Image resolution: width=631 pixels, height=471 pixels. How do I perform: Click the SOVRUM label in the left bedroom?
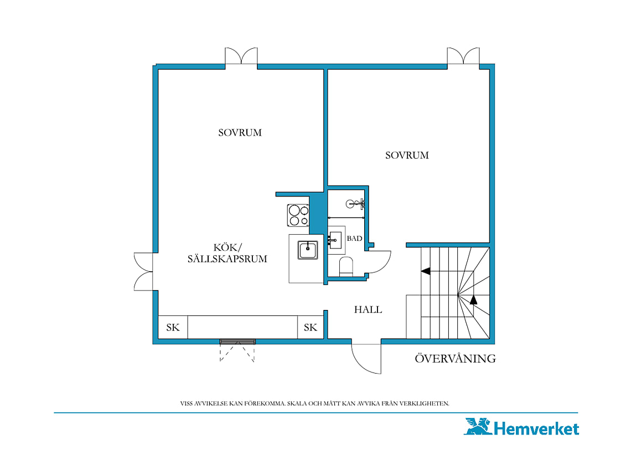(x=240, y=132)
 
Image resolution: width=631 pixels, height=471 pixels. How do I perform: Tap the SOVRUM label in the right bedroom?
(x=407, y=155)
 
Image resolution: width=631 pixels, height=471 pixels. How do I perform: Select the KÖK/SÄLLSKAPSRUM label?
(x=227, y=253)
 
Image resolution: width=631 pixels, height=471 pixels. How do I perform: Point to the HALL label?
(x=368, y=309)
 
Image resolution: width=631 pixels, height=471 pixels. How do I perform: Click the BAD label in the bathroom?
(x=354, y=239)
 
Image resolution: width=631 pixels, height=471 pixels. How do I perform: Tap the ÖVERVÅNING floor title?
(x=455, y=358)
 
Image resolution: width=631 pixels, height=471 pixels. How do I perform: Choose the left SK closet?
(x=173, y=327)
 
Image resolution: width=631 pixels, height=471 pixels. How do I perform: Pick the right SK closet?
(x=311, y=327)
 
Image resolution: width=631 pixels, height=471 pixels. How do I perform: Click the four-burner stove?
(x=298, y=215)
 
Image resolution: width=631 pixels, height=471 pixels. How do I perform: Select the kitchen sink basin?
(x=308, y=250)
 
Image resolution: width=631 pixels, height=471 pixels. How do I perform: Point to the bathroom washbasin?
(x=335, y=240)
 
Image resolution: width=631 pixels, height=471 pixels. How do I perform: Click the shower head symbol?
(x=355, y=204)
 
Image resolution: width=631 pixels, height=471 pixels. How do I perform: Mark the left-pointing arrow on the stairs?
(x=425, y=271)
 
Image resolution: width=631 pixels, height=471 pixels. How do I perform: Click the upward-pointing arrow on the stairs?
(x=473, y=299)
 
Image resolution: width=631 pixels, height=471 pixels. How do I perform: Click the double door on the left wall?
(x=143, y=272)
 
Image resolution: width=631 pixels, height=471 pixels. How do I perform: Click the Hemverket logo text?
(x=536, y=429)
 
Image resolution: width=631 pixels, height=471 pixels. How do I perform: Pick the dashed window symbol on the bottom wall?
(x=237, y=350)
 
